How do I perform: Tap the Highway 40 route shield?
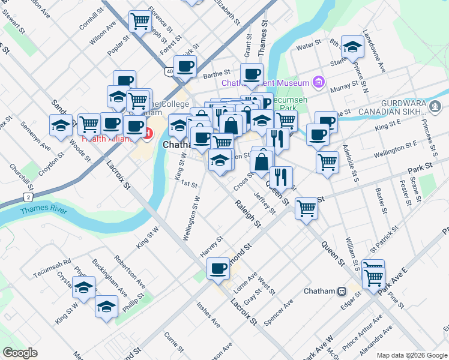[x=170, y=72]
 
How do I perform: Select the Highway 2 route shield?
[x=28, y=196]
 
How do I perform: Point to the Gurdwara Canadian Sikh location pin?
[x=435, y=106]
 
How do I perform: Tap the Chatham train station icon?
[x=342, y=291]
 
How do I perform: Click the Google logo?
[x=20, y=353]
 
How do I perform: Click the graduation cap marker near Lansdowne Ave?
[x=352, y=45]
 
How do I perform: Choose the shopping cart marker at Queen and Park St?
[x=306, y=208]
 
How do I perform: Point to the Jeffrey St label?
[x=264, y=202]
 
